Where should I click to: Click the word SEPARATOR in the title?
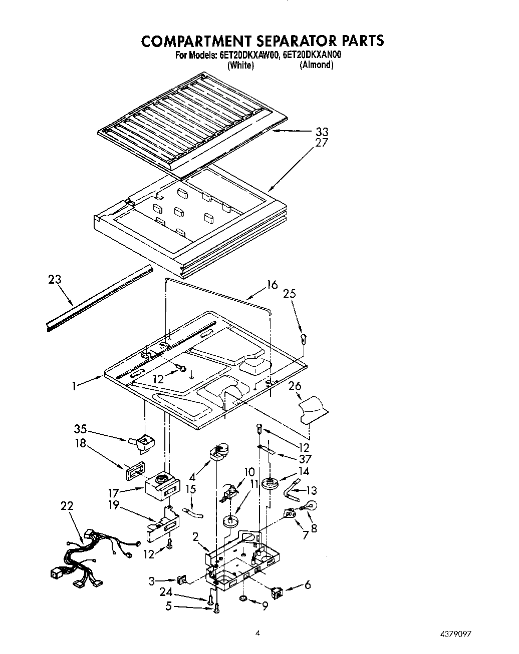click(283, 41)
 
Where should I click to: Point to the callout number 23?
click(55, 279)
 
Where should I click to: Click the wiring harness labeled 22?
click(95, 555)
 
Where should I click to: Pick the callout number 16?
click(272, 285)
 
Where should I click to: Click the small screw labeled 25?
click(303, 339)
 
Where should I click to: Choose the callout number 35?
click(80, 429)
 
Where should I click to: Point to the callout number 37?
click(305, 459)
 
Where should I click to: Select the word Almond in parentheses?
click(316, 65)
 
